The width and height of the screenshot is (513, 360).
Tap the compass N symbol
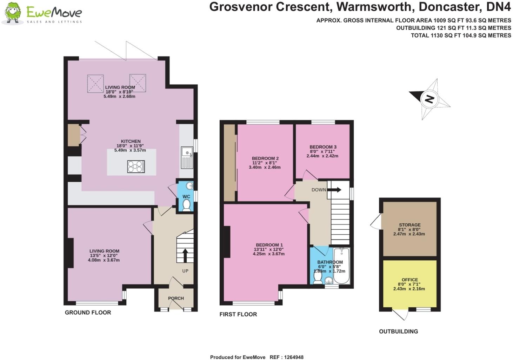point(429,99)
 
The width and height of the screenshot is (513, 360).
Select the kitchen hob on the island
point(136,166)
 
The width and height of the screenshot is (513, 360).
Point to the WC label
point(186,196)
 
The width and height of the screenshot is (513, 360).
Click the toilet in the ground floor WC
point(186,205)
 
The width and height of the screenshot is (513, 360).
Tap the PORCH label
point(176,298)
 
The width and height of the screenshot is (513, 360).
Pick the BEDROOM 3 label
point(323,147)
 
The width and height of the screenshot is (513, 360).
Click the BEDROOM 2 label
point(265,158)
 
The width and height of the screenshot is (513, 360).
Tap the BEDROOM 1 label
point(269,245)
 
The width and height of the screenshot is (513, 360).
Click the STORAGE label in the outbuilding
point(409,225)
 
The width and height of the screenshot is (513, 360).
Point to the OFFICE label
point(409,280)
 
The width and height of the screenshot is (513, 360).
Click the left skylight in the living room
point(95,83)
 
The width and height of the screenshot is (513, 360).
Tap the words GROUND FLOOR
point(88,313)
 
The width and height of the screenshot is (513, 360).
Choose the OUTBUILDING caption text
point(398,331)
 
